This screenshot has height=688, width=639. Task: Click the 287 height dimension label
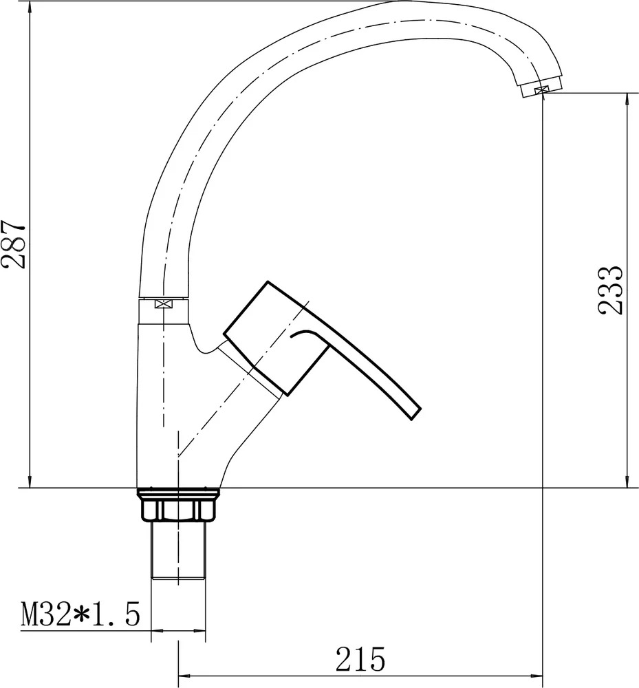14,245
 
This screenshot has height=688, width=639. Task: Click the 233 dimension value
610,290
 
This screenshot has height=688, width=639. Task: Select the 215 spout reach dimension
360,659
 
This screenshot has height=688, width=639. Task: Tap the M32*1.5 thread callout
80,614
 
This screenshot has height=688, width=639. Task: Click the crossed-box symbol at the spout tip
541,90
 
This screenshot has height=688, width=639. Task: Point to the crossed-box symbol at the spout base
163,303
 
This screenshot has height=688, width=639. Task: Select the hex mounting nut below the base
178,510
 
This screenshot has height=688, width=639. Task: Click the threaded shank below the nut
178,550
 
